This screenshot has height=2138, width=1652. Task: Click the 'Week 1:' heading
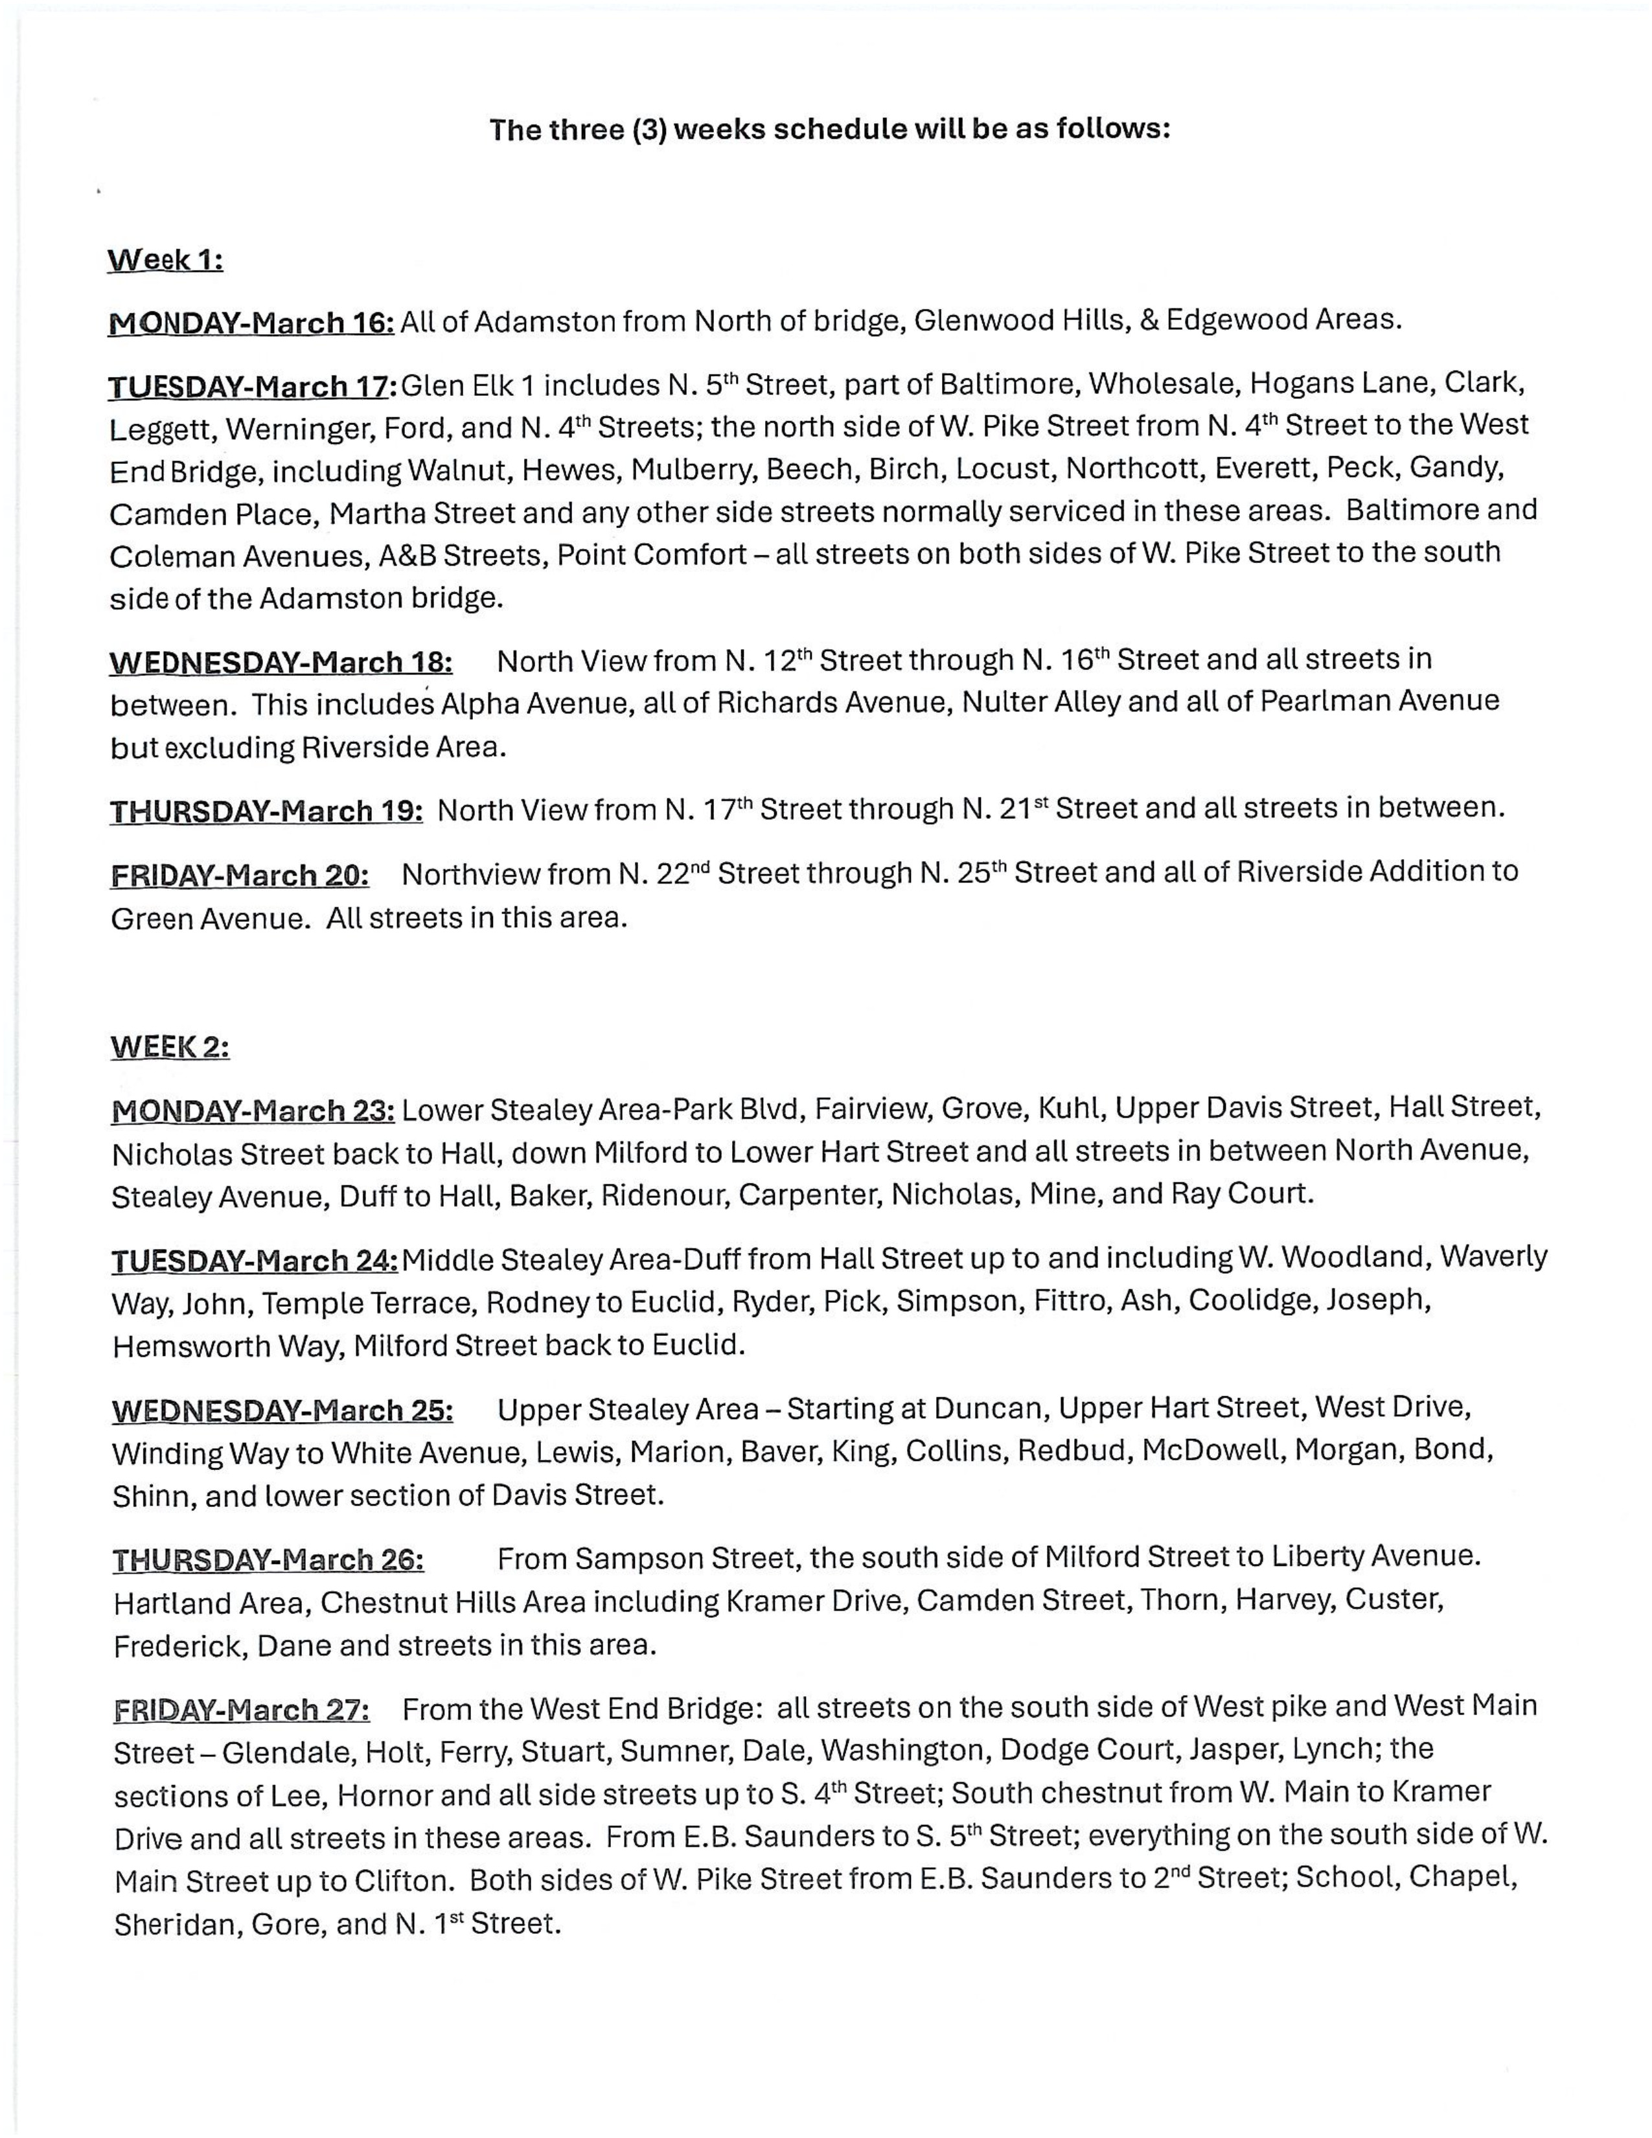165,260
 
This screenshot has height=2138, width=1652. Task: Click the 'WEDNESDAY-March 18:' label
280,663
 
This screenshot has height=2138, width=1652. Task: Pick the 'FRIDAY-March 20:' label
240,874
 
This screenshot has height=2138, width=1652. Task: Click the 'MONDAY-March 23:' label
253,1111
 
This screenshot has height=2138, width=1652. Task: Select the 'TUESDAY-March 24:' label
255,1260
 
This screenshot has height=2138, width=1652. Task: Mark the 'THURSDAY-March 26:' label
268,1559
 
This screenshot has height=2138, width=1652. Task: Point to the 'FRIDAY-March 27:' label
242,1710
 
